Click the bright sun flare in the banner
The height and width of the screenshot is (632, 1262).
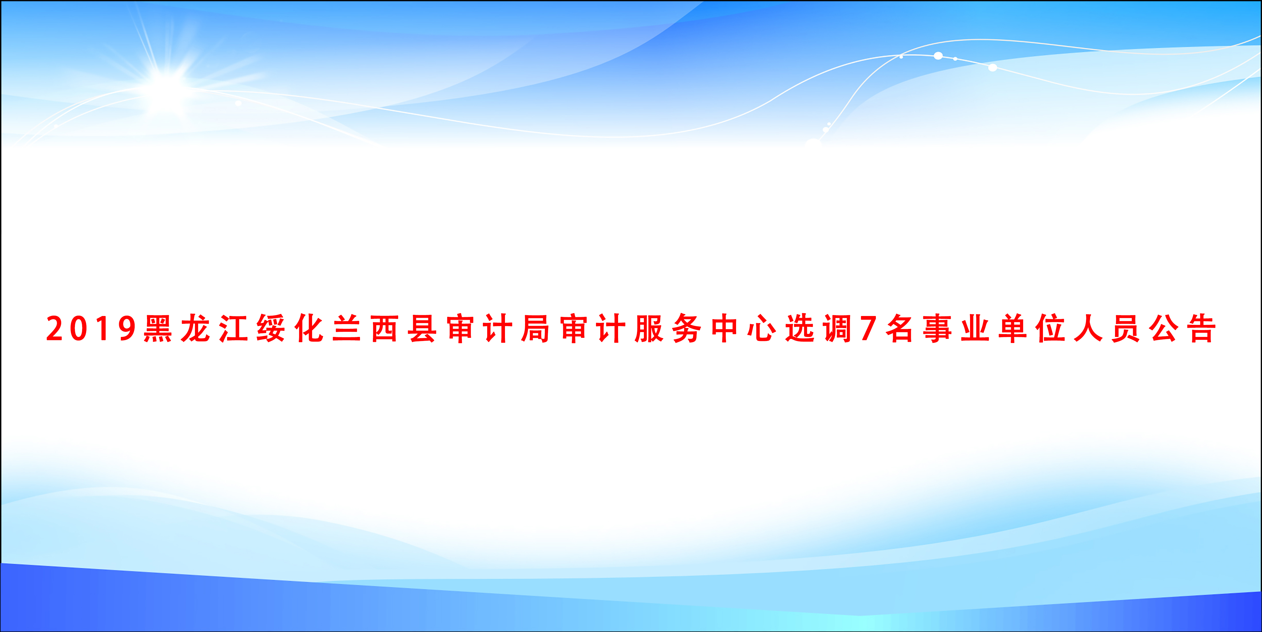[167, 86]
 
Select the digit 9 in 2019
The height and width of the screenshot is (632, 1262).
[127, 329]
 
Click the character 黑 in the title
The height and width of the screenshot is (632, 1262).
[158, 329]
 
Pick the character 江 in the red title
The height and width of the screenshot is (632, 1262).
[233, 329]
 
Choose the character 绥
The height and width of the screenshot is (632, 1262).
[271, 329]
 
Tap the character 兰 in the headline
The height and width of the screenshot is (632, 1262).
[347, 329]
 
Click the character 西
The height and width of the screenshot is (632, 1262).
[385, 329]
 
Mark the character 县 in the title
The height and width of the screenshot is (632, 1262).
[422, 329]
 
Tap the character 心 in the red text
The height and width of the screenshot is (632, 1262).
[762, 329]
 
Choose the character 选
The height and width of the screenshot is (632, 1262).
[800, 329]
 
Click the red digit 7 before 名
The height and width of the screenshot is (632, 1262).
[868, 329]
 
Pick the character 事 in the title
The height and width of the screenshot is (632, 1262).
[938, 329]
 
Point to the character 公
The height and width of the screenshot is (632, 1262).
[1164, 329]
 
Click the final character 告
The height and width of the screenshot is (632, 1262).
[1202, 329]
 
